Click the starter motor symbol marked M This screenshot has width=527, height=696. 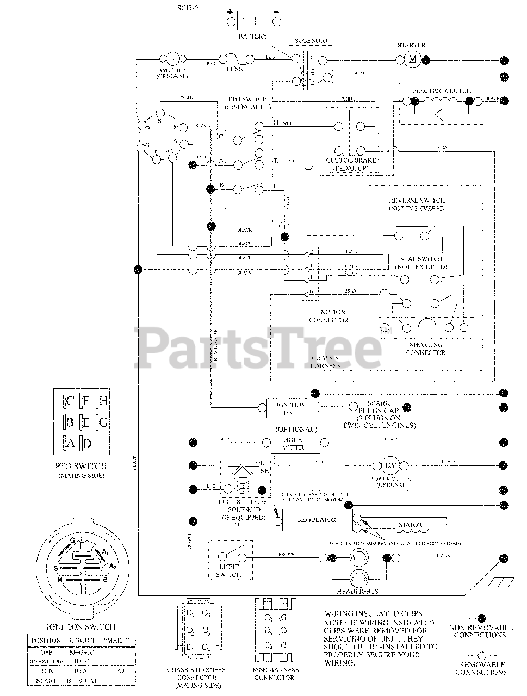(412, 59)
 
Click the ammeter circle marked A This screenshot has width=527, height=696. (172, 59)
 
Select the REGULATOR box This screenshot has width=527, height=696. (317, 520)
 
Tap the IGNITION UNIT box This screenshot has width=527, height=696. (292, 408)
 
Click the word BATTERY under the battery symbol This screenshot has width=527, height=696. (253, 36)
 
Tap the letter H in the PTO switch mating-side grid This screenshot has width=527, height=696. (102, 402)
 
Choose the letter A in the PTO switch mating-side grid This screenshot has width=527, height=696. (70, 443)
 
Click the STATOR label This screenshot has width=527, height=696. (410, 525)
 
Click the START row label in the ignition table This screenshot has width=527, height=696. (46, 681)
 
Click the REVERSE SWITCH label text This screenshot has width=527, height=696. (417, 204)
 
